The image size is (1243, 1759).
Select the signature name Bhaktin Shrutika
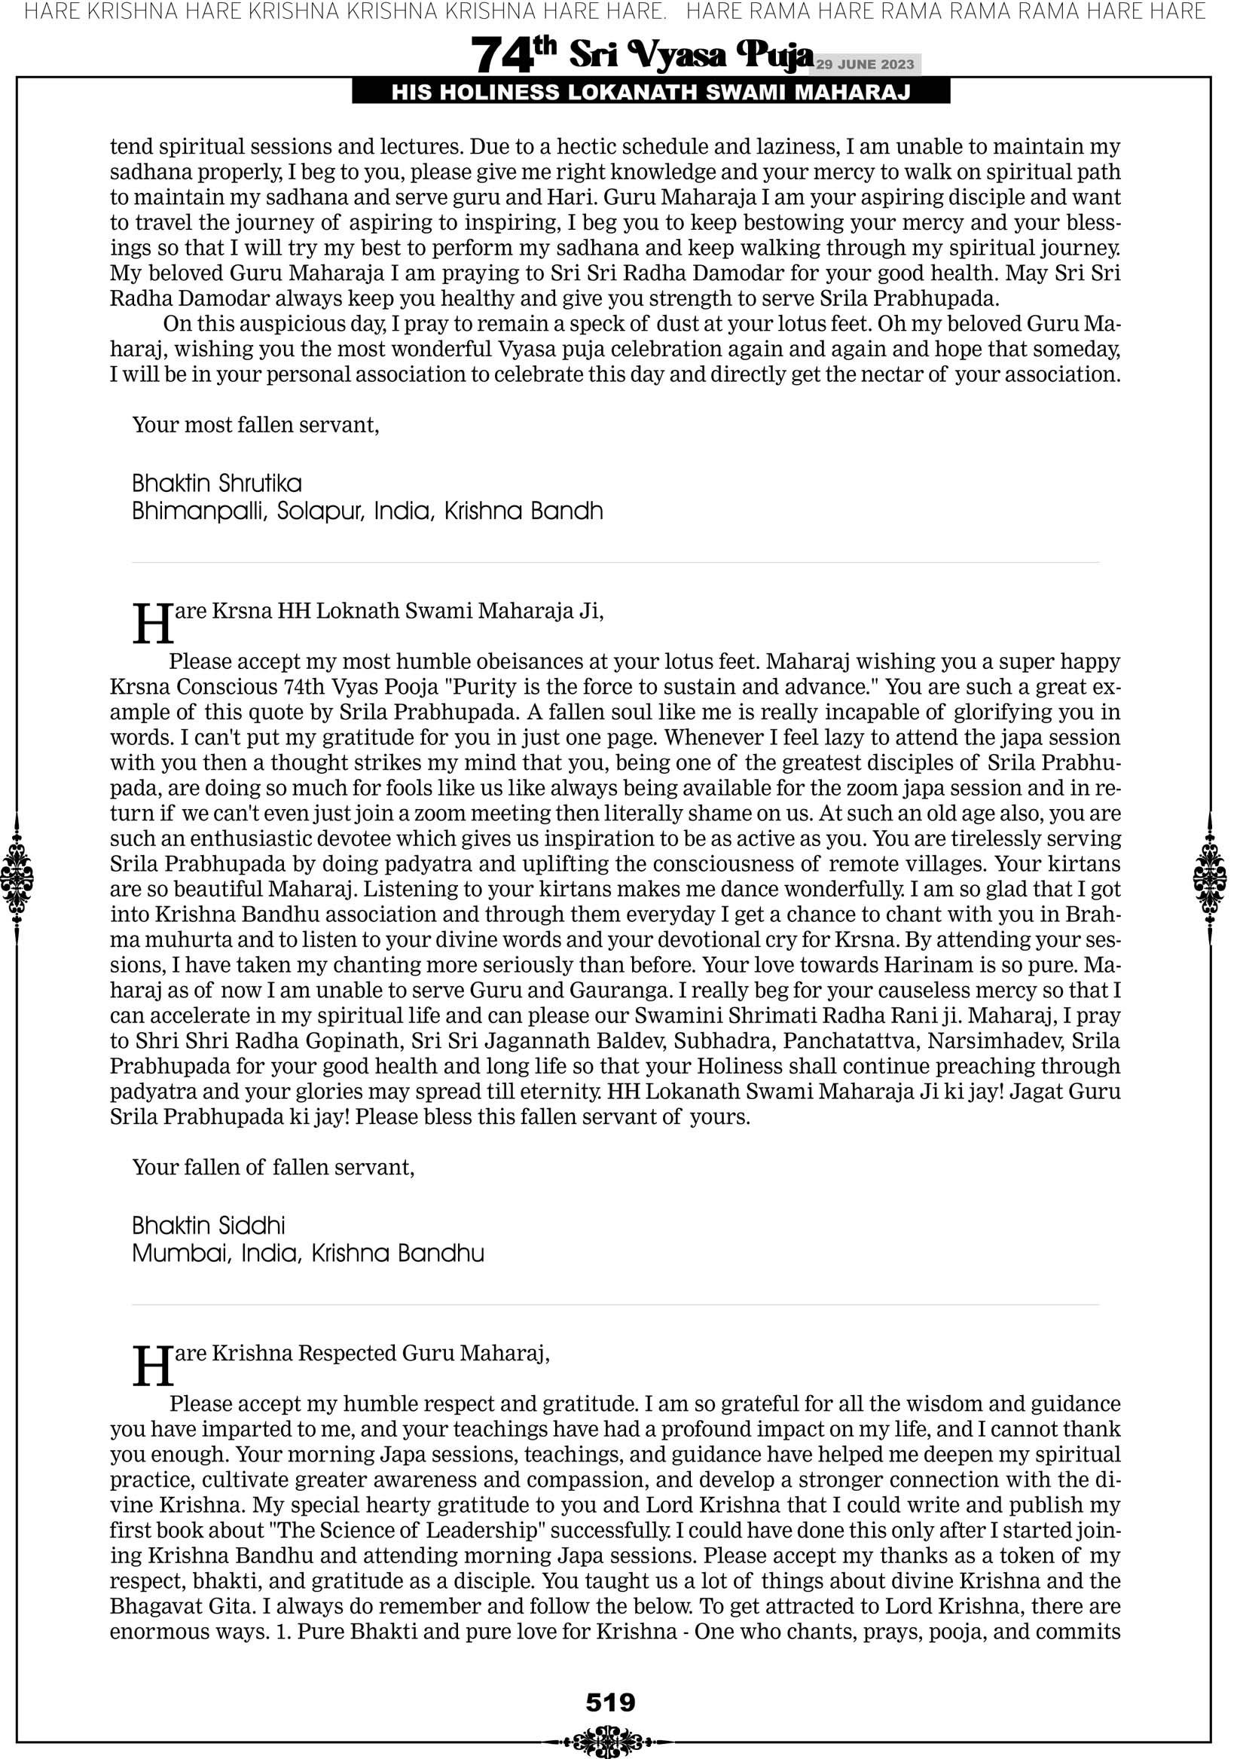coord(217,484)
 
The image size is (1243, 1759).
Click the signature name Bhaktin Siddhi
coord(209,1225)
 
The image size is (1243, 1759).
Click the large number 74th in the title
coord(512,55)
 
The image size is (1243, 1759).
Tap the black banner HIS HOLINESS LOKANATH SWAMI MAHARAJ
coord(651,93)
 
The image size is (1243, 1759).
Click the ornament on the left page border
coord(17,878)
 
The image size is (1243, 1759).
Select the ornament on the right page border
coord(1210,878)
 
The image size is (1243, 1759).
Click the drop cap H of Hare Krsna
coord(153,624)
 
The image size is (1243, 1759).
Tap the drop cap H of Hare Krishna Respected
coord(153,1366)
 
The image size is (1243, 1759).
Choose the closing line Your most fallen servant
coord(256,424)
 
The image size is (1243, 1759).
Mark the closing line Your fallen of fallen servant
coord(273,1167)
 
